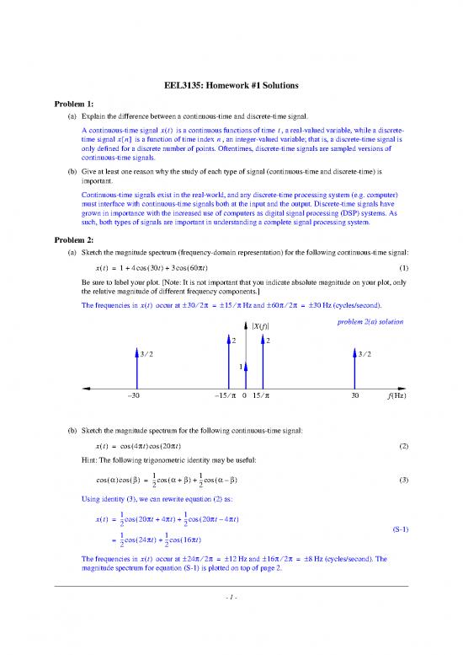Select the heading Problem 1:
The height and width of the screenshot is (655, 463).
75,105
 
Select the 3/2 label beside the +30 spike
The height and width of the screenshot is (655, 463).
365,354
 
